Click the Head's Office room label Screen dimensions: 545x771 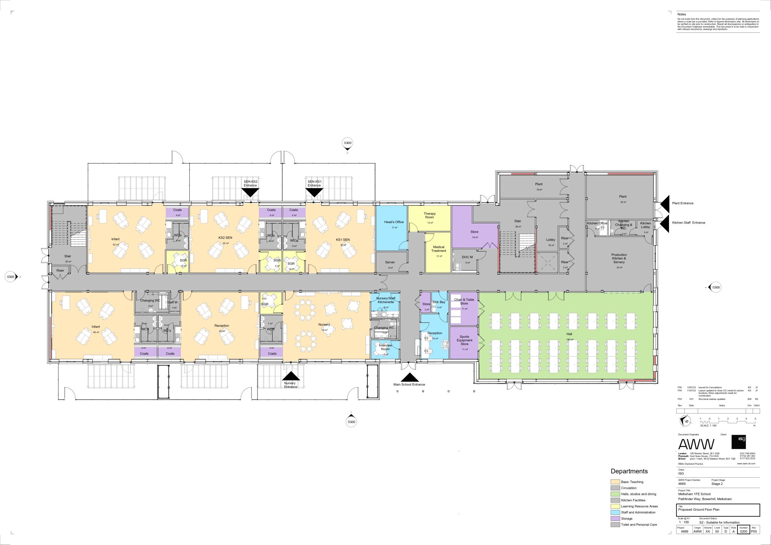point(394,222)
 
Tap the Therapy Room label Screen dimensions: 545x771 point(430,215)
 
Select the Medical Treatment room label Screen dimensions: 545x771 point(439,249)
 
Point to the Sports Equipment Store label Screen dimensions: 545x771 point(465,340)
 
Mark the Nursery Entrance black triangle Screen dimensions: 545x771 point(291,376)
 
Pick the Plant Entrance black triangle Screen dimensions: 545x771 point(665,203)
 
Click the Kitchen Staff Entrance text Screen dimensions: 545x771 point(689,223)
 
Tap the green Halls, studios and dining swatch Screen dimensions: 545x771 point(615,494)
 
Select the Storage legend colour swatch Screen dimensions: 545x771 point(615,519)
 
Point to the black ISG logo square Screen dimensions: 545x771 point(738,442)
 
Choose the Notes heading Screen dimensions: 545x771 point(682,14)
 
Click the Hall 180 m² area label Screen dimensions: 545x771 point(569,336)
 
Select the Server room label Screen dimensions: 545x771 point(390,262)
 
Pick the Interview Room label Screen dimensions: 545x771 point(385,347)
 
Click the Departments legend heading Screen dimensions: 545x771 point(629,472)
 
